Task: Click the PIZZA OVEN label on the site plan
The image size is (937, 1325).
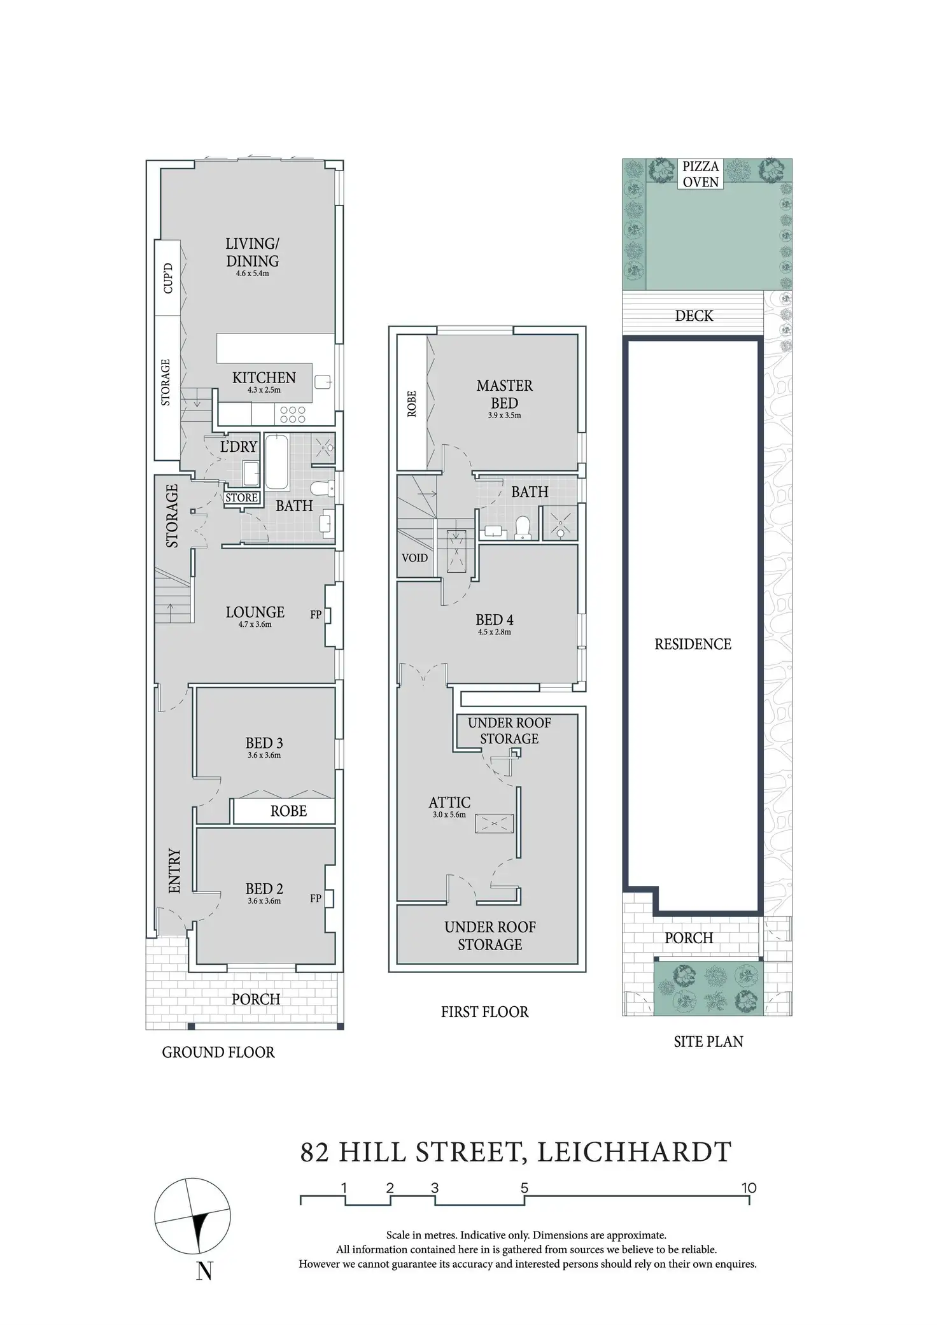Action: coord(700,174)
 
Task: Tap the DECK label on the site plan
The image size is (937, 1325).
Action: coord(694,316)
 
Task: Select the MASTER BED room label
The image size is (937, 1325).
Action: coord(504,394)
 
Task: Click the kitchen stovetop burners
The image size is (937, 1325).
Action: coord(293,415)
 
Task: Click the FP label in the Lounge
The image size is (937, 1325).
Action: coord(316,615)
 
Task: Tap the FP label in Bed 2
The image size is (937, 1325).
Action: coord(316,899)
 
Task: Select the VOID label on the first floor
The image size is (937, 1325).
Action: coord(414,558)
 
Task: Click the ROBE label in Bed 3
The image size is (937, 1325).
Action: coord(288,811)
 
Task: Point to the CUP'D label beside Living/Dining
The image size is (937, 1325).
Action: coord(168,278)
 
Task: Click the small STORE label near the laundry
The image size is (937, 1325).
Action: coord(241,498)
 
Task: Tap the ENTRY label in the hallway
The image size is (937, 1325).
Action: coord(174,871)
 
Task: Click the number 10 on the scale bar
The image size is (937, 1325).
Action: coord(749,1188)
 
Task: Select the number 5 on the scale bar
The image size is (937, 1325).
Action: coord(525,1188)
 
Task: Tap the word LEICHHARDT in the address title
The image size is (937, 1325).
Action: coord(635,1153)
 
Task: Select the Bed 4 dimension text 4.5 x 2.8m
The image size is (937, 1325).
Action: coord(494,632)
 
